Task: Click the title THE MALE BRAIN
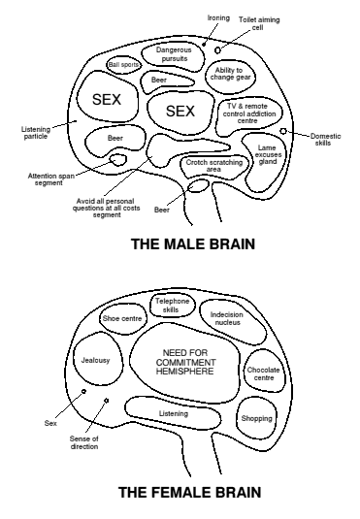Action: coord(193,244)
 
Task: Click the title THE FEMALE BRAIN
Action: coord(190,492)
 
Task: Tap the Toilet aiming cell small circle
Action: coord(217,50)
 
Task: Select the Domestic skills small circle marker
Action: coord(283,131)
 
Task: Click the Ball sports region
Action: coord(124,65)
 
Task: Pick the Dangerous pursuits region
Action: coord(174,54)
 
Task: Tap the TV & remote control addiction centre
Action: coord(249,114)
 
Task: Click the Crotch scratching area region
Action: coord(213,166)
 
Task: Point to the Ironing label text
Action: coord(218,17)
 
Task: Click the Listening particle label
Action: coord(36,133)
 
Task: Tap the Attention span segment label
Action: coord(50,179)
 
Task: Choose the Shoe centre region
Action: coord(122,318)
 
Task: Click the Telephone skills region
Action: coord(172,306)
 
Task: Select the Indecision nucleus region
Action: coord(232,322)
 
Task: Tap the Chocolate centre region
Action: coord(264,373)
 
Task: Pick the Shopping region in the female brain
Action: coord(257,418)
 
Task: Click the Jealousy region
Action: coord(97,361)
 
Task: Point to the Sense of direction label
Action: coord(84,442)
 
